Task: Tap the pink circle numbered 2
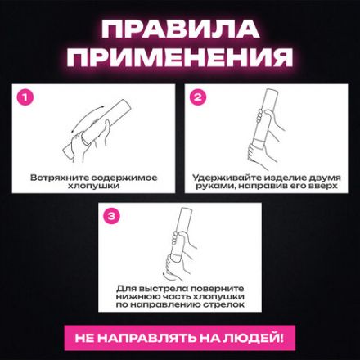coord(197,97)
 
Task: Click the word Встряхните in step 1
coord(58,177)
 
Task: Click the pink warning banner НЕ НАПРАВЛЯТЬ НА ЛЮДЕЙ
coord(179,337)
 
